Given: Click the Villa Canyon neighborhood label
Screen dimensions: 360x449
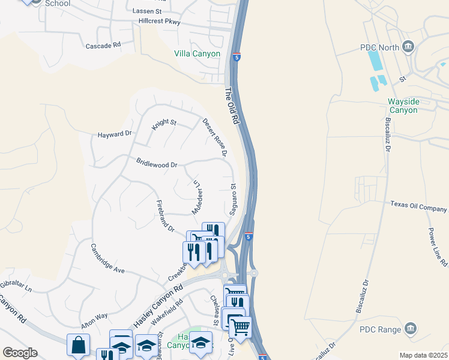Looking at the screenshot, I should tap(197, 53).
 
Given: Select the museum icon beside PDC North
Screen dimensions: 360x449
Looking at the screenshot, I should tap(409, 47).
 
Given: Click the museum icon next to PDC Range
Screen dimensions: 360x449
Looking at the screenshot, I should tap(411, 328).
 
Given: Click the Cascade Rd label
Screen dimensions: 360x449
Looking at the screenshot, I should tap(103, 45).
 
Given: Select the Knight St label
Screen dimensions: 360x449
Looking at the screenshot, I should tap(163, 124).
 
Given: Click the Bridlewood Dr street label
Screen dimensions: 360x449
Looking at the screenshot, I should tap(157, 163).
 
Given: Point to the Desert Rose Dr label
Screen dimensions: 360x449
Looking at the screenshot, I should tap(214, 137).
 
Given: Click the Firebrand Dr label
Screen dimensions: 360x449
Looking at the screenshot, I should tap(165, 216).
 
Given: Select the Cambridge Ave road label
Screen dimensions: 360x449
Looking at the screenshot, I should tap(107, 259).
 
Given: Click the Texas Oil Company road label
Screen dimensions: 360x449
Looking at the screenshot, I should tap(419, 206).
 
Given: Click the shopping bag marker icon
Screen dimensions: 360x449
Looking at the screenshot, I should tap(78, 345).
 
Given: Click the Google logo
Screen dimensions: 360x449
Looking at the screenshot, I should tap(20, 353).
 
